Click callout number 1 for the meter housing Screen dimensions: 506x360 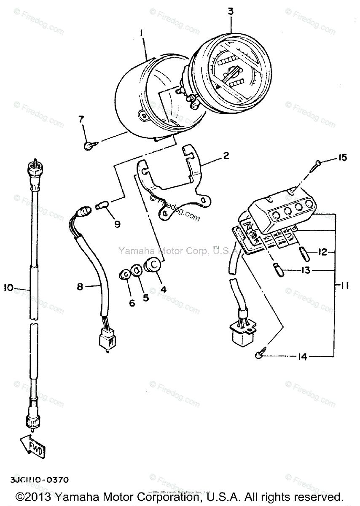pyautogui.click(x=142, y=32)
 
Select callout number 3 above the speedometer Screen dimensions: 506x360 pyautogui.click(x=231, y=11)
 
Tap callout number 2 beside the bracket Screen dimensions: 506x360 pyautogui.click(x=226, y=156)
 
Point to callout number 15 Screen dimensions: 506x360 pyautogui.click(x=342, y=158)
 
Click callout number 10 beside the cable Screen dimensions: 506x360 pyautogui.click(x=9, y=288)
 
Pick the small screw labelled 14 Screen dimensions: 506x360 pyautogui.click(x=260, y=355)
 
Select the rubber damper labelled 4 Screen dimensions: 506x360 pyautogui.click(x=153, y=265)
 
